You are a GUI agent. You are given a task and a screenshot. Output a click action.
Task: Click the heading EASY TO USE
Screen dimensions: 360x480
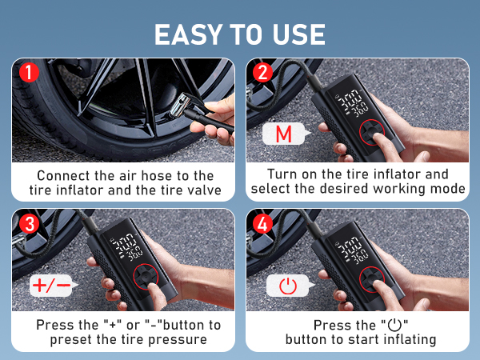[x=239, y=34]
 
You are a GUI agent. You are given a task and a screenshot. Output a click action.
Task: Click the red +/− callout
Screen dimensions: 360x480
[x=50, y=284]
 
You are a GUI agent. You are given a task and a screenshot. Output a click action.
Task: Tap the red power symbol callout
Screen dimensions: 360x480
[x=286, y=284]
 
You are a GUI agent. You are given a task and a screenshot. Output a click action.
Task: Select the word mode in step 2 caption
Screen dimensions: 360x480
[x=449, y=189]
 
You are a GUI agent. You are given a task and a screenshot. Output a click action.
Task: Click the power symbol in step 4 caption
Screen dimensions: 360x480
[x=393, y=326]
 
